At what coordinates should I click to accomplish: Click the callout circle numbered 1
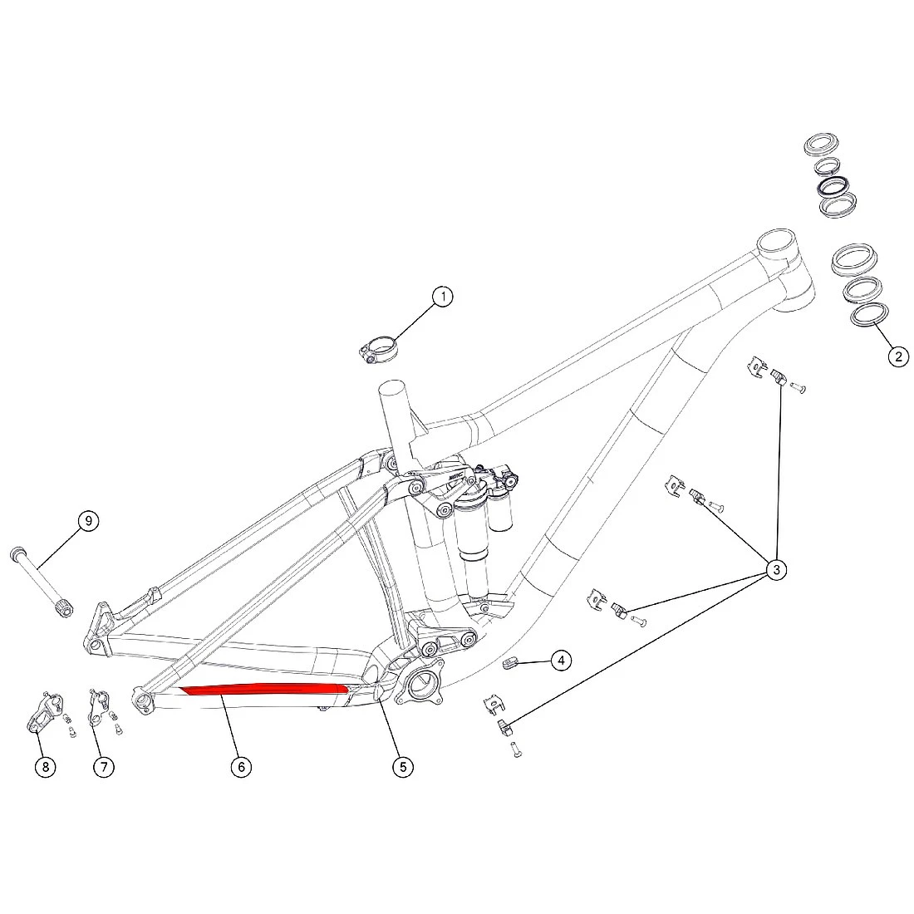point(443,297)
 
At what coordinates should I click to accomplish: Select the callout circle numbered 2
point(898,356)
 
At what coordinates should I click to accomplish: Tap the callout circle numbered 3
point(776,569)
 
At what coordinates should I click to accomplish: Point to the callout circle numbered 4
point(561,661)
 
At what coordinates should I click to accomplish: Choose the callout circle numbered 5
point(403,767)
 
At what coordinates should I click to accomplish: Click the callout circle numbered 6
point(241,767)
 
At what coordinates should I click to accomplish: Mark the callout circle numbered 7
point(104,767)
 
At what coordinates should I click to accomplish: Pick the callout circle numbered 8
point(46,767)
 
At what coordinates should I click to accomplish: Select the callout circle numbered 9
point(89,520)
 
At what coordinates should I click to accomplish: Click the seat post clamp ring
point(378,349)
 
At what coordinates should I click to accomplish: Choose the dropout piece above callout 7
point(97,707)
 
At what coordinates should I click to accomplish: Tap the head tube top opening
point(776,240)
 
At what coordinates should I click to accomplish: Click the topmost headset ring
point(821,144)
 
